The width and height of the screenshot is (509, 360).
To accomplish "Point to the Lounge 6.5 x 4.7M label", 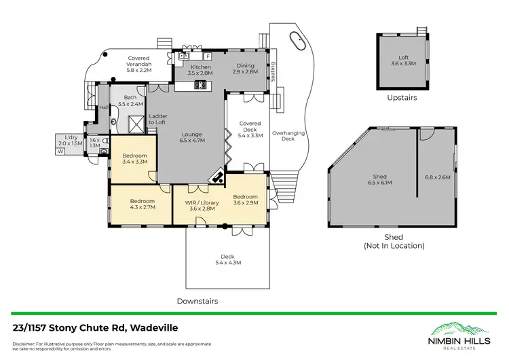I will tap(195, 137).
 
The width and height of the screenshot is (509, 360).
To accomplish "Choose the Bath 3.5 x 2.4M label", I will tap(130, 101).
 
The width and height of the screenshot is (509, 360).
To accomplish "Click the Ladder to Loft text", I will tap(157, 119).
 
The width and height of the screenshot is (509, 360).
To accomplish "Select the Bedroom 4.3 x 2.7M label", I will tap(143, 204).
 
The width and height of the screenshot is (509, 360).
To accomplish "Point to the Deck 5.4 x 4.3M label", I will tap(228, 259).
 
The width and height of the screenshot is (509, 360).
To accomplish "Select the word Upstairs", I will tap(402, 97).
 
